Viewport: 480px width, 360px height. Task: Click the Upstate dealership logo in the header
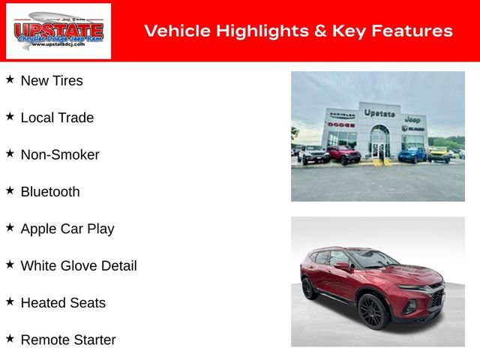coord(58,31)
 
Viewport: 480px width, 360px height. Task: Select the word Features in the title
coord(415,31)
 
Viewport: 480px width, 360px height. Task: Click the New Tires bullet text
coord(52,81)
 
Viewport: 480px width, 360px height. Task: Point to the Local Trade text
coord(57,118)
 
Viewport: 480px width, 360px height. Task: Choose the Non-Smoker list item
coord(60,155)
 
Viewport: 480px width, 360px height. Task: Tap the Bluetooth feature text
coord(50,192)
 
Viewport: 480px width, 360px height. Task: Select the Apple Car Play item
coord(67,229)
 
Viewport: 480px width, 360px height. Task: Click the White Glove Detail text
coord(79,265)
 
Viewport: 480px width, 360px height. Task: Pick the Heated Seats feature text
coord(63,303)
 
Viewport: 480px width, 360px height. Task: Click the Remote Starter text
coord(68,340)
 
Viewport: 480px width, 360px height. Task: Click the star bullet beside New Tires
coord(10,79)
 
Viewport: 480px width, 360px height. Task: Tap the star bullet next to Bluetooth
coord(10,190)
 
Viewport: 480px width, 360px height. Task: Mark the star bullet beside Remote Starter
coord(10,338)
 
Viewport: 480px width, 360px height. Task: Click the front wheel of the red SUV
coord(374,311)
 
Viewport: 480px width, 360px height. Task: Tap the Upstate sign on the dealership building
coord(379,112)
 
